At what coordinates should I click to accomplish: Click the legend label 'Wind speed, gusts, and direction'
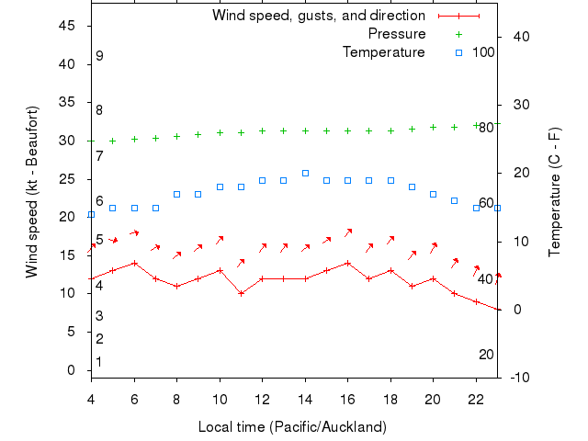319,16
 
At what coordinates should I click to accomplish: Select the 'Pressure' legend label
397,34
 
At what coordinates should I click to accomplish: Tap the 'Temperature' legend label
384,52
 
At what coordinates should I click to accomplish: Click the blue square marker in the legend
459,52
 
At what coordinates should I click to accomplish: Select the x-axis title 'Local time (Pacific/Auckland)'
292,427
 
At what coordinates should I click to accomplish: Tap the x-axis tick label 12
262,400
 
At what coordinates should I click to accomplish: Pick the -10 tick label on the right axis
519,378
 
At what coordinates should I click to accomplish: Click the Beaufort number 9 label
99,56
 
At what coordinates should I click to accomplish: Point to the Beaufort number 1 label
99,362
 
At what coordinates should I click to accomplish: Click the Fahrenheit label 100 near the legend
483,52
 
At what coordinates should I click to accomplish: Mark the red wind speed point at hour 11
241,293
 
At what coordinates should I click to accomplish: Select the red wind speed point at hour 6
134,263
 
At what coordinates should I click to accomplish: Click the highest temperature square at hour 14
305,173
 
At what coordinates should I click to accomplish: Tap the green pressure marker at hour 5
113,141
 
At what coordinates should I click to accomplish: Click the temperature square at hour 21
455,200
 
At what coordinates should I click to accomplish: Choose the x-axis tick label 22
476,400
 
